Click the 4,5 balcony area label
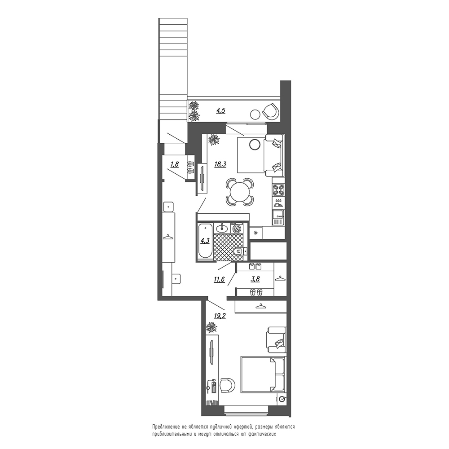[x=220, y=110]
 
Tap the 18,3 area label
[x=220, y=164]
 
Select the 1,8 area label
[x=174, y=164]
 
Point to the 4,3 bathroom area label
[x=205, y=241]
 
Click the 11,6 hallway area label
[x=219, y=279]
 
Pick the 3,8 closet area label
[x=255, y=279]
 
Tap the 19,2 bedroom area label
[x=220, y=316]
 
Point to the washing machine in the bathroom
[x=238, y=228]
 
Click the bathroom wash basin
[x=222, y=228]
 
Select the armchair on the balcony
[x=271, y=111]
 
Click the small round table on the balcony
[x=255, y=114]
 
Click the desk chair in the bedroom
[x=228, y=386]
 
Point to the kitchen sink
[x=278, y=218]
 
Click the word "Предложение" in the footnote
[x=166, y=427]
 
